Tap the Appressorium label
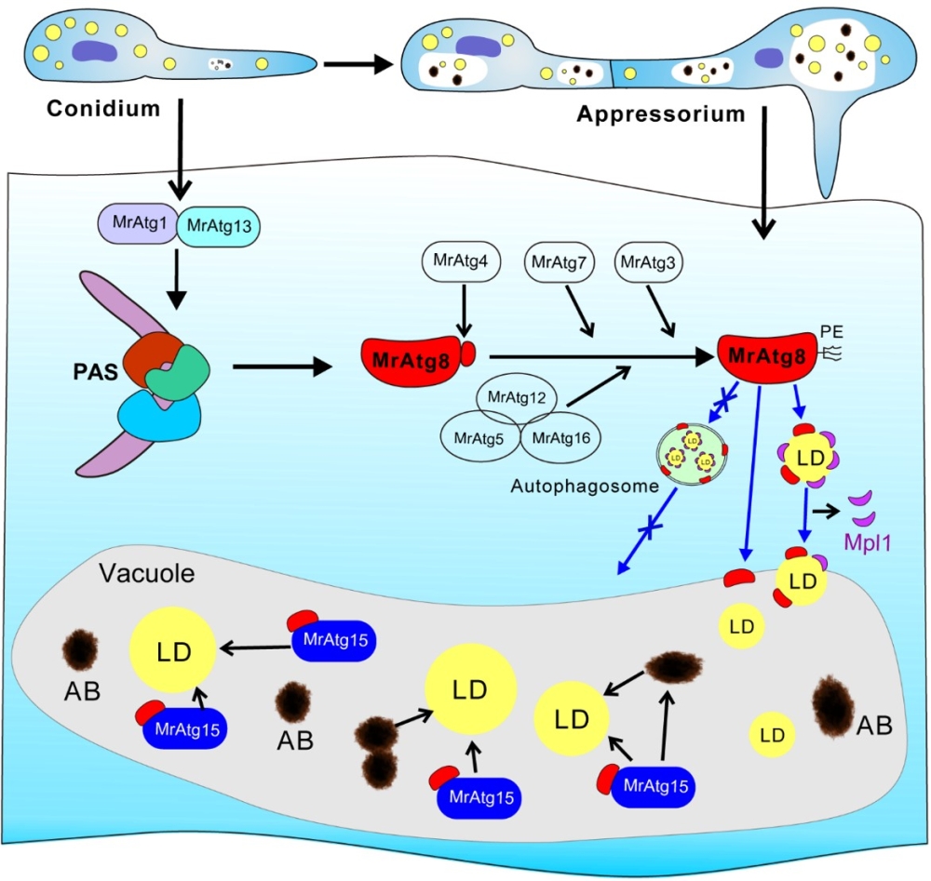[661, 115]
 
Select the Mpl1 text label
[869, 542]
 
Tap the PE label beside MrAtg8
[830, 329]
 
